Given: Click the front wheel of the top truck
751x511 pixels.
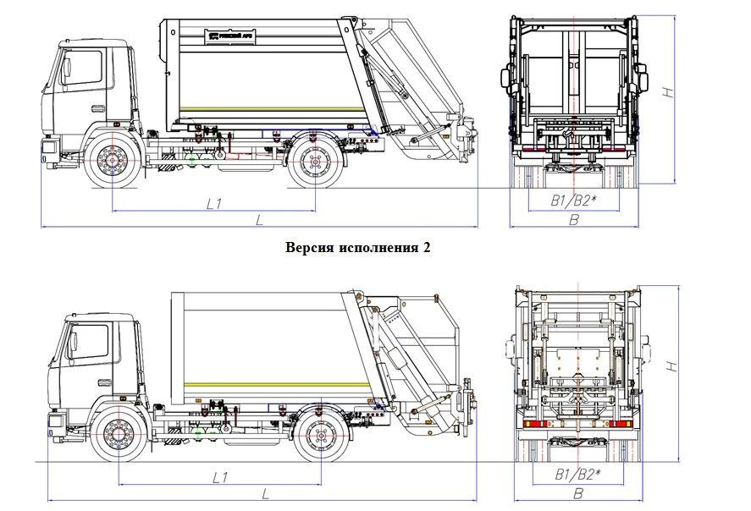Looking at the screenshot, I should tap(113, 162).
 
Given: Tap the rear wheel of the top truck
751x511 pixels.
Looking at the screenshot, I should tap(316, 162).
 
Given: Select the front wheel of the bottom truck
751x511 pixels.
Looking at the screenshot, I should tap(118, 436).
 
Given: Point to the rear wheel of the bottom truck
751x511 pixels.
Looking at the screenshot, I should tap(321, 436).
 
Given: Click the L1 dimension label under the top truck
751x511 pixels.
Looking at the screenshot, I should tap(213, 203).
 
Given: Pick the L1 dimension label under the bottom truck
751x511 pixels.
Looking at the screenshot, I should tap(219, 477).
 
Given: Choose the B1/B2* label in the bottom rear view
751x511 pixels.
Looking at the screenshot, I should tap(577, 474).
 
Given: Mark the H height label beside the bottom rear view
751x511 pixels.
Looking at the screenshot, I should tap(671, 365).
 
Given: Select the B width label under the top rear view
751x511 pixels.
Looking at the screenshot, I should tap(573, 220).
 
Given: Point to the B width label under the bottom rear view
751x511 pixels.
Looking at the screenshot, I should tap(578, 493).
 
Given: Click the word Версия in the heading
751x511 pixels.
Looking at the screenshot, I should tap(309, 247).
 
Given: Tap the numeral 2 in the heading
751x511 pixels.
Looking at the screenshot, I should tap(428, 247).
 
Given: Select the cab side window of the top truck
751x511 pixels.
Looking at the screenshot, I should tap(85, 68).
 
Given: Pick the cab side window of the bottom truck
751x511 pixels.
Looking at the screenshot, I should tap(90, 340).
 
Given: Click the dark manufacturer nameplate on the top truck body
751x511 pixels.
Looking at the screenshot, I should tap(229, 36).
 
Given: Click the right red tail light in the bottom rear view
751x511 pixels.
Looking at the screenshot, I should tap(622, 423).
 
